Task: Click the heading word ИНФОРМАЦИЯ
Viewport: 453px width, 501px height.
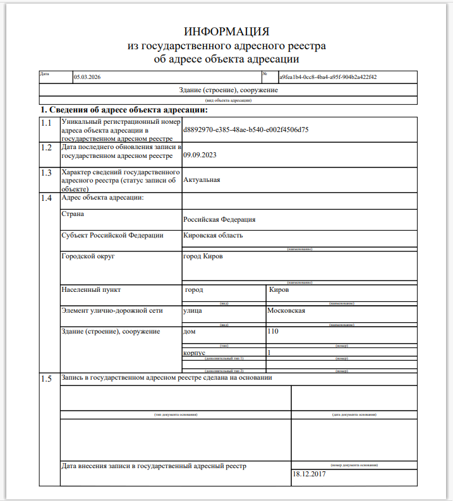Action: tap(226, 32)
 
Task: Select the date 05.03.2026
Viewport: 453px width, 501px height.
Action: tap(87, 77)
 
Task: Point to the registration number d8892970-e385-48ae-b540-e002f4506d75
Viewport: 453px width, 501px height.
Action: tap(245, 130)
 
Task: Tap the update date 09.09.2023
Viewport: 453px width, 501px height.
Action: tap(196, 154)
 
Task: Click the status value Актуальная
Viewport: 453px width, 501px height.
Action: tap(202, 180)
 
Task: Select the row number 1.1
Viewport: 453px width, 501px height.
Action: tap(45, 123)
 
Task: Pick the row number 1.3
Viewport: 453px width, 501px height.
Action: tap(45, 172)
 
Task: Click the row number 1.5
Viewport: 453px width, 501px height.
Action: tap(45, 378)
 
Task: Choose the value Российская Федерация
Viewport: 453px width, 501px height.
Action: tap(219, 220)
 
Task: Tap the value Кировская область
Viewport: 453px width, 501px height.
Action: tap(213, 236)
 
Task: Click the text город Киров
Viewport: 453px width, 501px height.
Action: tap(202, 257)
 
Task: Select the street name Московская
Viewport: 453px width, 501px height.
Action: tap(286, 310)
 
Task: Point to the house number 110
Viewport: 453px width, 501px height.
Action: tap(273, 331)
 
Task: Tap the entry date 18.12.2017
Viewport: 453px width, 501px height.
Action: tap(310, 474)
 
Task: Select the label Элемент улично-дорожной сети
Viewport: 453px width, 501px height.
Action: tap(112, 310)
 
